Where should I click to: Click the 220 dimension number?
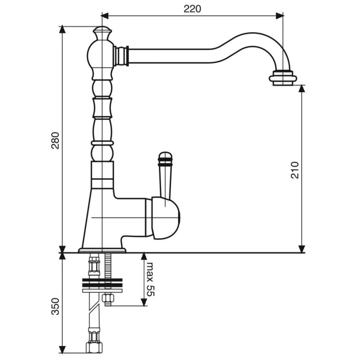(x=193, y=9)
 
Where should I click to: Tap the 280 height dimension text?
(x=55, y=140)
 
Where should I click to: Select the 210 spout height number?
(x=295, y=170)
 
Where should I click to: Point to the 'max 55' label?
(x=151, y=279)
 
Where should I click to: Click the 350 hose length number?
(x=55, y=306)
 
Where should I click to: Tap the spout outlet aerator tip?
(x=283, y=78)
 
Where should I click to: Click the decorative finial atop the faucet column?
(x=103, y=33)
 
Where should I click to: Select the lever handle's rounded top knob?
(x=165, y=159)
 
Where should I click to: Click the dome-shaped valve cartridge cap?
(x=166, y=218)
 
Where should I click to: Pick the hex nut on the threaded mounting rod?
(x=108, y=298)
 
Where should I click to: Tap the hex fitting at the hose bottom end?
(x=94, y=347)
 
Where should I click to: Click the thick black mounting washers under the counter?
(x=103, y=283)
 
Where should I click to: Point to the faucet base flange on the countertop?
(x=102, y=250)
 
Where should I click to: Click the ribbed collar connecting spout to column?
(x=121, y=56)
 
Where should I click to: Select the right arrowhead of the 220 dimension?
(x=279, y=16)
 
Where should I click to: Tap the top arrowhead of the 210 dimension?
(x=301, y=89)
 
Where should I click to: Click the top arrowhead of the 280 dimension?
(x=63, y=30)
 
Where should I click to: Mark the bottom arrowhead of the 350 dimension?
(x=63, y=349)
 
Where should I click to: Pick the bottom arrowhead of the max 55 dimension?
(x=144, y=302)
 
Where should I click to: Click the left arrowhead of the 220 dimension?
(x=105, y=16)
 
